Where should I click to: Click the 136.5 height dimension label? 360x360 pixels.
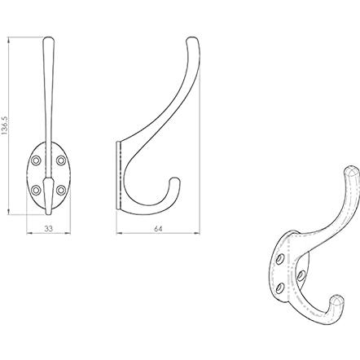point(5,125)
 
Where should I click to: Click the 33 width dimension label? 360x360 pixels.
point(49,229)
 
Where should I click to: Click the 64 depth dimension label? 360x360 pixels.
point(158,229)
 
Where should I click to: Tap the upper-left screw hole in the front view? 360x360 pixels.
point(36,160)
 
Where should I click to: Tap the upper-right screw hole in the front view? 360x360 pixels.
point(61,160)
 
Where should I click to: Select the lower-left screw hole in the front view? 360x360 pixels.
point(36,190)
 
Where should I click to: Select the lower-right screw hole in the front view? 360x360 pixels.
point(61,190)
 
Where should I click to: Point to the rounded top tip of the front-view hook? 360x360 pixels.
point(49,38)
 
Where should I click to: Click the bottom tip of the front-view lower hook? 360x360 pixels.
point(49,214)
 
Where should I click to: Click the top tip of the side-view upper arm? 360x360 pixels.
point(192,38)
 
